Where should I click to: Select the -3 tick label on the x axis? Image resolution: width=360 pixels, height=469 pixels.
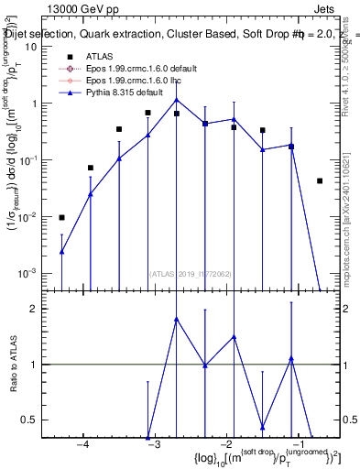(154, 444)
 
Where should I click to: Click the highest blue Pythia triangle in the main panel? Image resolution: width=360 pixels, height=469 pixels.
(177, 100)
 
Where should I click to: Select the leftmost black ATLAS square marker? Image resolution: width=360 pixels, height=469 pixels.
(61, 218)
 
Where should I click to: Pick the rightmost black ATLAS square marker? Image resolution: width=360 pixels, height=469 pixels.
(320, 181)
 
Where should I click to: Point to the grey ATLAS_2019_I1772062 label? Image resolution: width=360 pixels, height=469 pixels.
(189, 273)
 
